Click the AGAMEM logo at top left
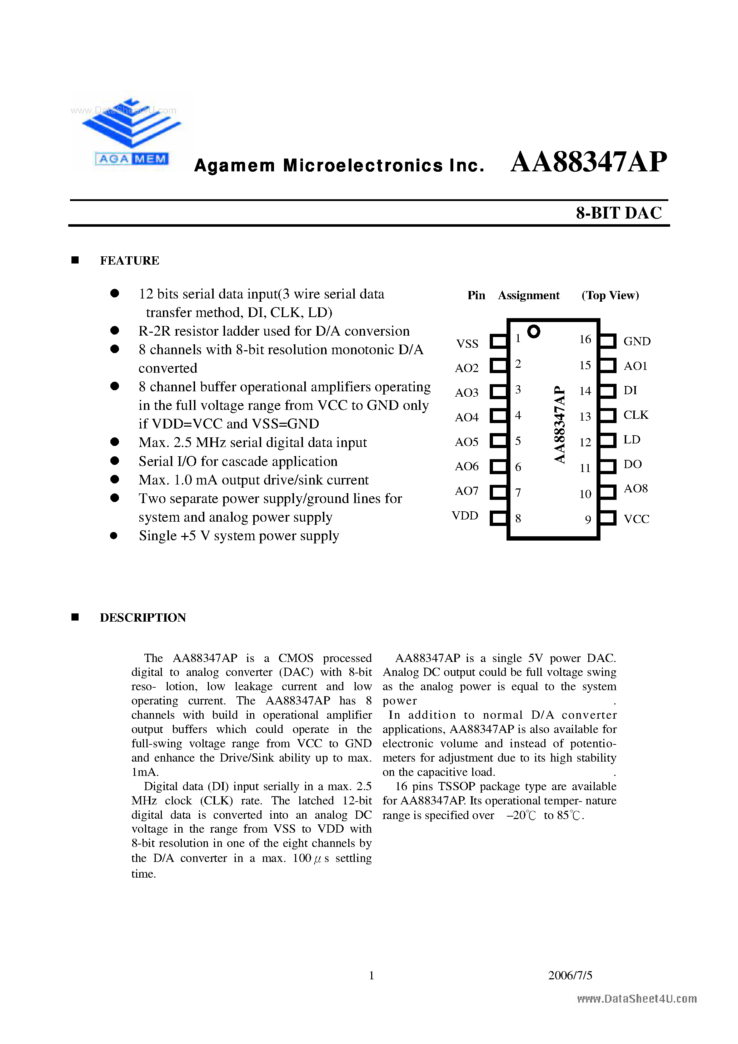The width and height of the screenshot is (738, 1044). coord(131,132)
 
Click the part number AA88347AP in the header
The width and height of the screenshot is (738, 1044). coord(588,162)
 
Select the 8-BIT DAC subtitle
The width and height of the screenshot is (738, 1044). coord(618,213)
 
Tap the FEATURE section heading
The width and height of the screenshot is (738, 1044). coord(129,261)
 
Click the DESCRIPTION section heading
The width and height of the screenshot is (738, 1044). coord(143,617)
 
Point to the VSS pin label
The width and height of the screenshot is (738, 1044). coord(467,344)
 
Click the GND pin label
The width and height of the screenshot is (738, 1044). coord(637,341)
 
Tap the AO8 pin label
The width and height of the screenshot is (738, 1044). coord(635,489)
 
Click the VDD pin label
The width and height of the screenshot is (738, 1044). coord(465,516)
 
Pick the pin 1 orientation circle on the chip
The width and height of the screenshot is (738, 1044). coord(533,331)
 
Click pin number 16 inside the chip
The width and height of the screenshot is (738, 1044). coord(585,339)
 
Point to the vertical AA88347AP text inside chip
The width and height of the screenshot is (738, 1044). coord(560,424)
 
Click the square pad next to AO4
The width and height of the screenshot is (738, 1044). coord(498,416)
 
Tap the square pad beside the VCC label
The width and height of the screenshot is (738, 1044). coord(607,518)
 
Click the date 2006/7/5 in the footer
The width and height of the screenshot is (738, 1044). coord(570,975)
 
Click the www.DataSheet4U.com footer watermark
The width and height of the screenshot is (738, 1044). coord(637,999)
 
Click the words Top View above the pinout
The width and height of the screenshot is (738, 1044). coord(610,296)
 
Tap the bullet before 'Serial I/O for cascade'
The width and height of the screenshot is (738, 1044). coord(115,461)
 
